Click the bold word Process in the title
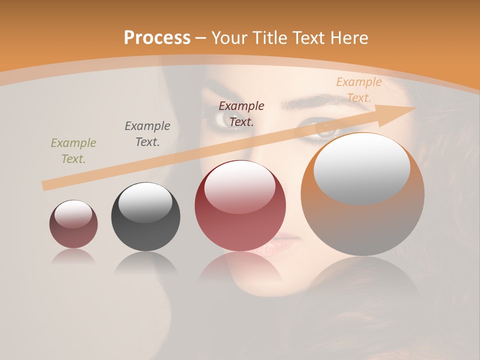(x=157, y=37)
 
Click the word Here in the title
(x=350, y=37)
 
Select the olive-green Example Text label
(x=73, y=151)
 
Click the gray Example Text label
(x=147, y=134)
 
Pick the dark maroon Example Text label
(x=241, y=113)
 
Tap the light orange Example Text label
(x=358, y=90)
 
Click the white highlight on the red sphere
(x=240, y=186)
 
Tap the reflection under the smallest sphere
(x=73, y=257)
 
